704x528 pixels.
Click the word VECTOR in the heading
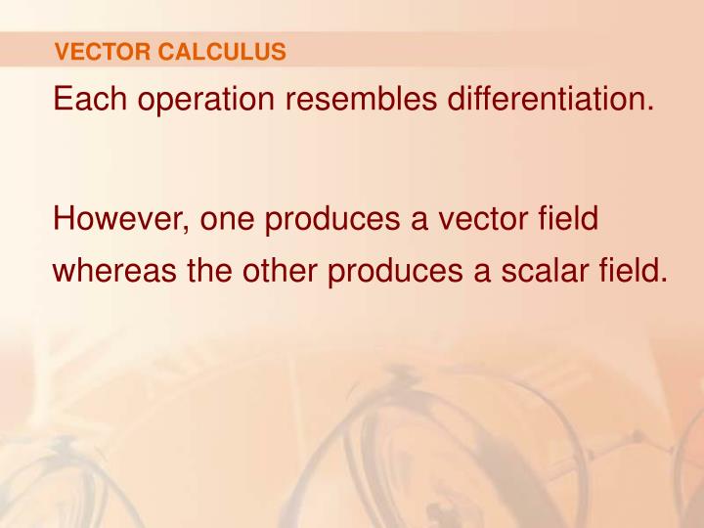point(92,52)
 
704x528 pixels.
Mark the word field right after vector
point(571,219)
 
